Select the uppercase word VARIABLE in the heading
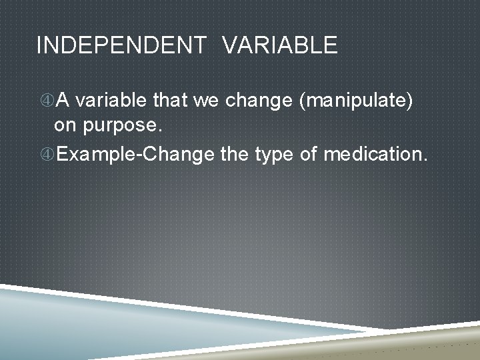click(x=279, y=46)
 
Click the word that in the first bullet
click(x=171, y=101)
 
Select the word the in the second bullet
click(x=234, y=155)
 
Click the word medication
click(x=374, y=155)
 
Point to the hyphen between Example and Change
click(x=139, y=156)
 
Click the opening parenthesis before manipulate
click(x=303, y=101)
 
